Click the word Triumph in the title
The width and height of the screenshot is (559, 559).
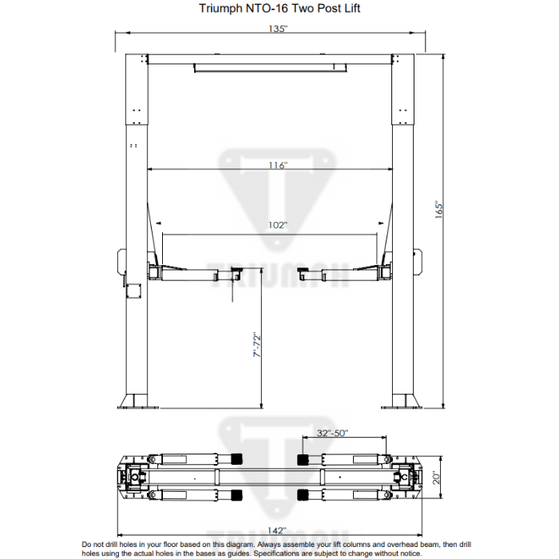[218, 10]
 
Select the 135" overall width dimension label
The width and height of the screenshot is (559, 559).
[277, 29]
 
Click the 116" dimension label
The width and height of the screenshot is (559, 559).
[277, 165]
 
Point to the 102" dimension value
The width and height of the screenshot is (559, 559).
[277, 225]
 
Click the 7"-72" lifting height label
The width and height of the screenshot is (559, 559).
[256, 345]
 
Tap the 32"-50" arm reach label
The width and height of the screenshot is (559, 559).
[332, 433]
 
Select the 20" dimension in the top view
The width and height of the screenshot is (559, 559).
[435, 478]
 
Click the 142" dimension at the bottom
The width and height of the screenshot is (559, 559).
[277, 529]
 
